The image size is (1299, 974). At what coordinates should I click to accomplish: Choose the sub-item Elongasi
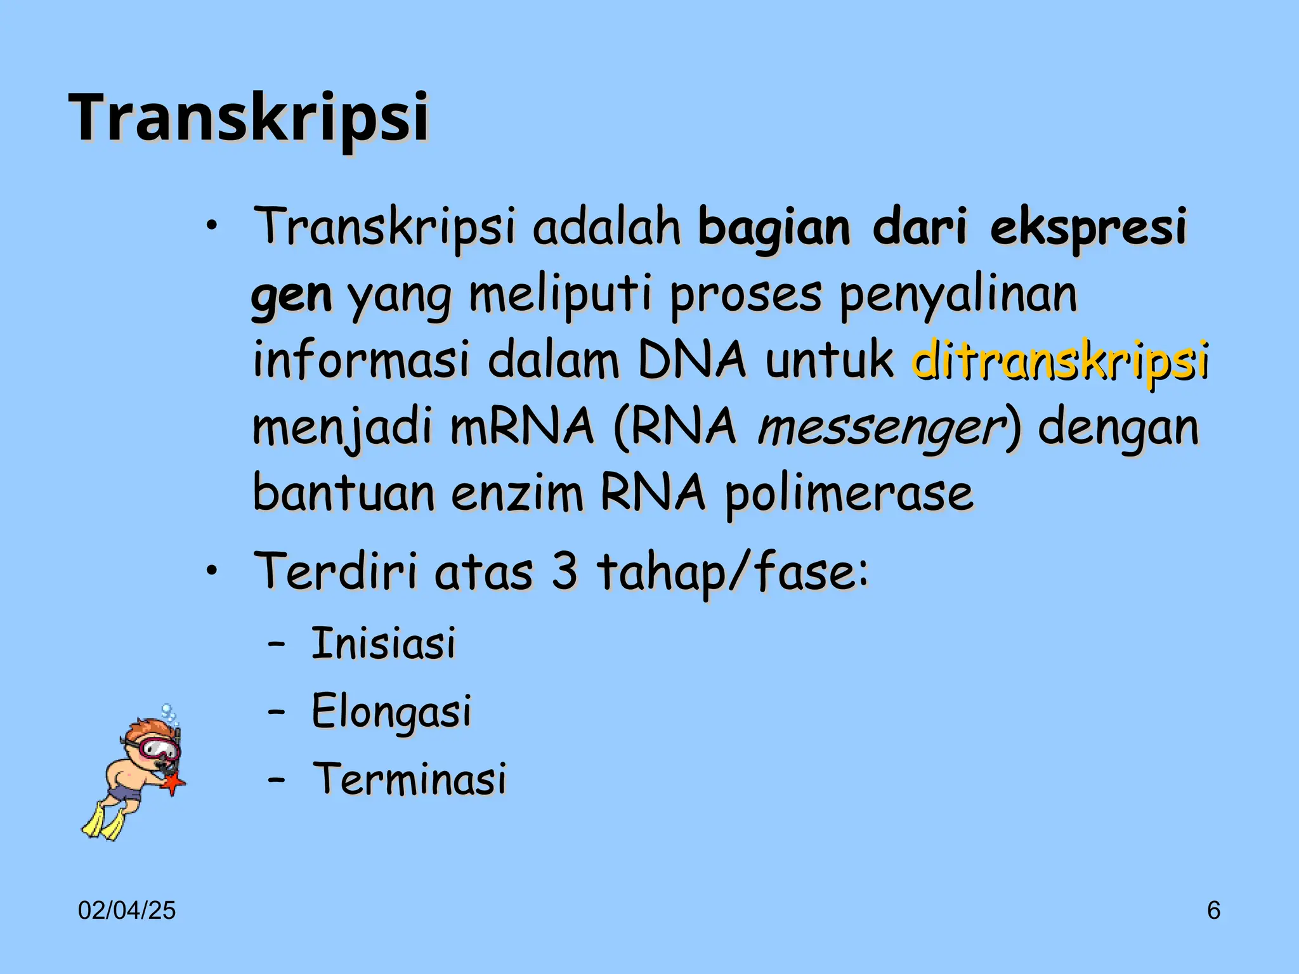pos(391,711)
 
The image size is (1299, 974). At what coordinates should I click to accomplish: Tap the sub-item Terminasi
pos(410,779)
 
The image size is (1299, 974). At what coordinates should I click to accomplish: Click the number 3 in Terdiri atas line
pos(564,571)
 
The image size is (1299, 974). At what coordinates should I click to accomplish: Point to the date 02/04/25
pos(127,911)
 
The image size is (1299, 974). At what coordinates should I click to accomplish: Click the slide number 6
pos(1213,911)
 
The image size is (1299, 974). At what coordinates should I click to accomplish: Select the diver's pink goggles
pos(159,748)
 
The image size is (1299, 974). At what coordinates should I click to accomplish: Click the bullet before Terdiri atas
pos(212,570)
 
